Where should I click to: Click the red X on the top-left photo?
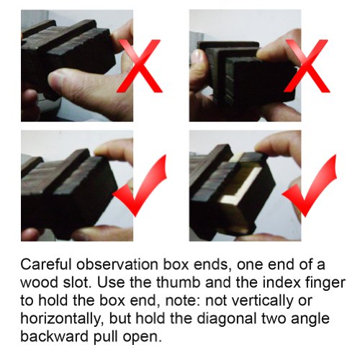click(139, 66)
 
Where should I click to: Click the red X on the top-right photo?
click(307, 66)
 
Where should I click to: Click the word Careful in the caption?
click(46, 264)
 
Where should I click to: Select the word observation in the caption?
click(117, 264)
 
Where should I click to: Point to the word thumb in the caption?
click(179, 282)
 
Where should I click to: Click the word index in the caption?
click(282, 282)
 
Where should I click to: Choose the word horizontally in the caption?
click(62, 318)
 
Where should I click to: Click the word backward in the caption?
click(55, 336)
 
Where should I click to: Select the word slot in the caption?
click(76, 282)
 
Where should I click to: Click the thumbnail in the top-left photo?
click(55, 79)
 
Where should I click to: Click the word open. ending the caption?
click(142, 337)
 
